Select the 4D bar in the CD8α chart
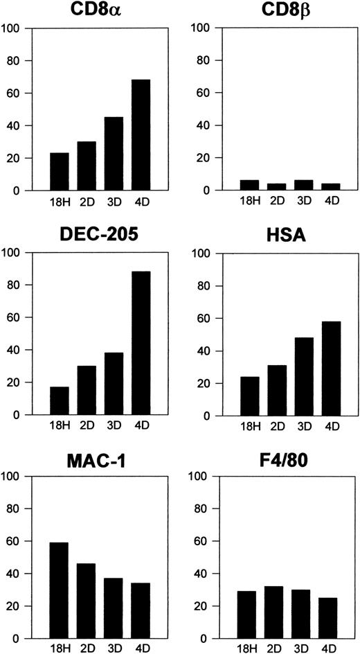coord(141,135)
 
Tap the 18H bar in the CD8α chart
coord(59,172)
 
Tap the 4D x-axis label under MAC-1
coord(141,649)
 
